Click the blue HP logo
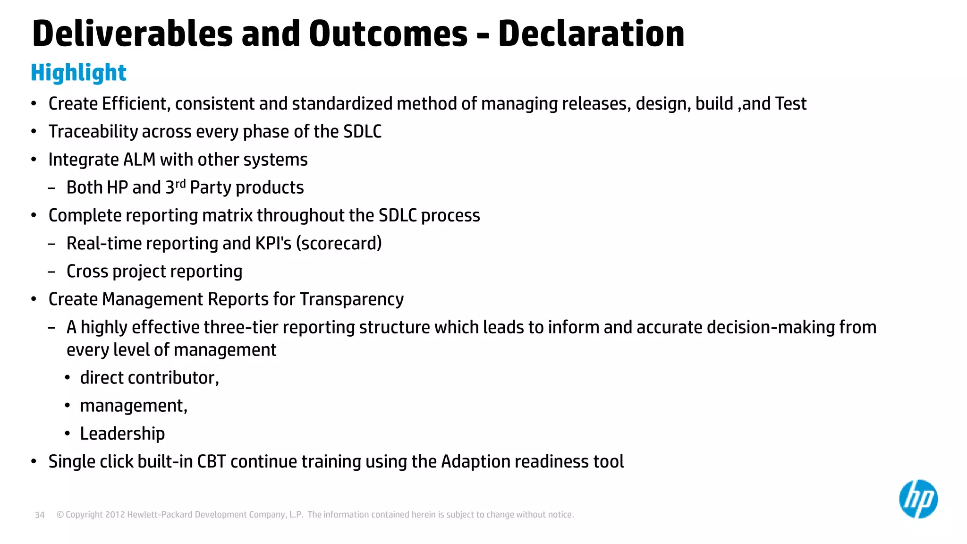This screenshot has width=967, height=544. tap(918, 499)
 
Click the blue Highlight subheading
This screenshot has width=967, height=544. tap(78, 73)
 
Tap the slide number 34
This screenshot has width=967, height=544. tap(40, 515)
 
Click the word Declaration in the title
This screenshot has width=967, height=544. tap(591, 34)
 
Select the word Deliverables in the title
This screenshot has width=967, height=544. tap(133, 34)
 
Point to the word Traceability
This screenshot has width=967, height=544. tap(93, 132)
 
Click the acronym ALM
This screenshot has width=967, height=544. tap(139, 160)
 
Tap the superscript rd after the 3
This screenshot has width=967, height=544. tap(180, 184)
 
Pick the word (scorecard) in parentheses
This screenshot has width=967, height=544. tap(339, 244)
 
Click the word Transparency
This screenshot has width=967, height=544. tap(352, 299)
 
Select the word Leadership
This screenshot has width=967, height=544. tap(122, 433)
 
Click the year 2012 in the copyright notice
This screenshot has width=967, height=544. tap(115, 515)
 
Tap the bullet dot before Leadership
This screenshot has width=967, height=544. tap(68, 433)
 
